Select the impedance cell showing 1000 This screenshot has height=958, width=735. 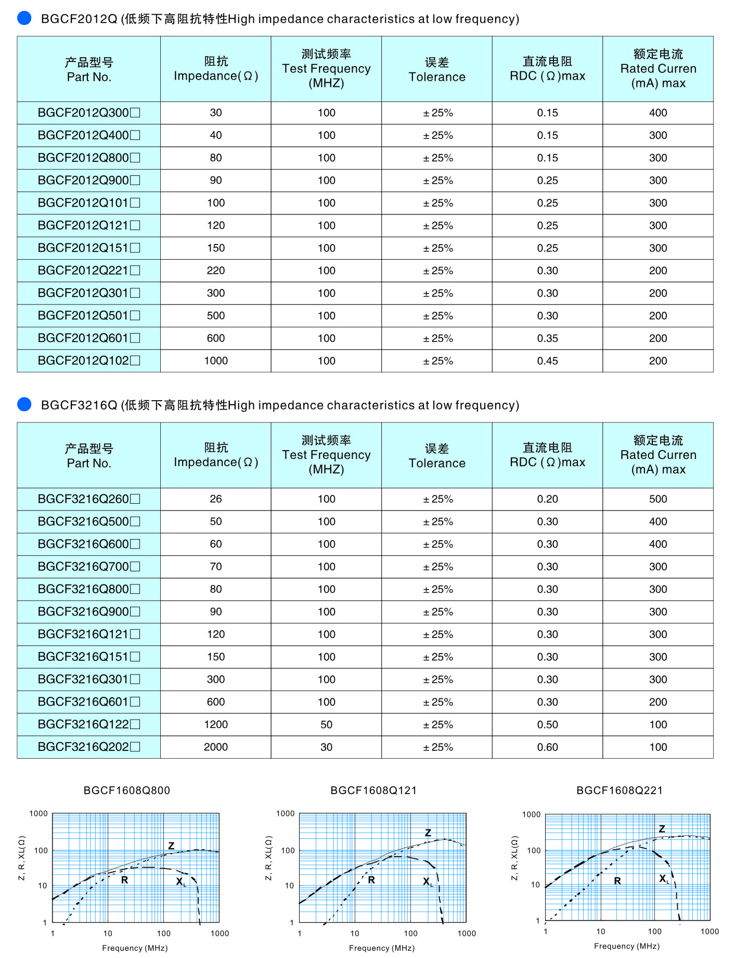click(x=216, y=361)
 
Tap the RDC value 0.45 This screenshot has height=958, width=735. click(x=547, y=361)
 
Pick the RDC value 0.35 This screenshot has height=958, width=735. click(x=547, y=338)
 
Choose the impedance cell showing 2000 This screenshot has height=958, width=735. click(x=216, y=747)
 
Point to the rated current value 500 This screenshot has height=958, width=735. click(x=657, y=499)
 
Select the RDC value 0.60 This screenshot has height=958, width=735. click(x=547, y=747)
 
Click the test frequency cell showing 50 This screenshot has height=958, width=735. click(x=326, y=724)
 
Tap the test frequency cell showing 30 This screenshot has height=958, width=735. click(x=326, y=747)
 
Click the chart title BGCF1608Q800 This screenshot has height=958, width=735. click(x=127, y=790)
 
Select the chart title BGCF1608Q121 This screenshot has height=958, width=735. click(x=373, y=790)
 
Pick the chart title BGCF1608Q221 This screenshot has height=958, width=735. click(x=620, y=790)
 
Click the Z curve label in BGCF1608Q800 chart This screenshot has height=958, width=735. click(x=171, y=846)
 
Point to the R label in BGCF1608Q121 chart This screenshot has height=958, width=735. click(x=371, y=880)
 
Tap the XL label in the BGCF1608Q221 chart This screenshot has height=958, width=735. click(x=664, y=879)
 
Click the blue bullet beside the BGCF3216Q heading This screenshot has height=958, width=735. click(x=24, y=404)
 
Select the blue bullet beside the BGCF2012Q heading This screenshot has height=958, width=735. click(x=24, y=18)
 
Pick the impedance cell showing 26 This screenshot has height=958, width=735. click(x=216, y=499)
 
